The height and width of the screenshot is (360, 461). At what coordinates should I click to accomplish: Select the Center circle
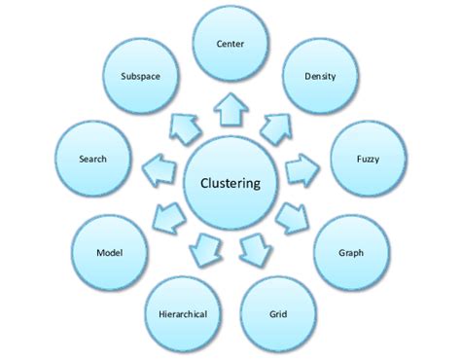click(230, 44)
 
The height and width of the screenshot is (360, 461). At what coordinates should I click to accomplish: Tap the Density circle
click(320, 76)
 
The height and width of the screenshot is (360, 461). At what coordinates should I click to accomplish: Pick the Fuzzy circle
click(368, 157)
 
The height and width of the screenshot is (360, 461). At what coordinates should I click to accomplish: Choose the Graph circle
click(351, 252)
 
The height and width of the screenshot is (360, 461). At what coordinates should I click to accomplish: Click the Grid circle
click(277, 313)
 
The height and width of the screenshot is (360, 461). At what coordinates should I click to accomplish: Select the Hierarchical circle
click(183, 313)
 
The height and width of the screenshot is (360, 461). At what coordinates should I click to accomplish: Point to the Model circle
click(108, 251)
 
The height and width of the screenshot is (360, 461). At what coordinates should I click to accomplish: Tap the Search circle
click(92, 158)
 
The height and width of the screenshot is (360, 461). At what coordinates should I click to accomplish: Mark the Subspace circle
click(141, 75)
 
